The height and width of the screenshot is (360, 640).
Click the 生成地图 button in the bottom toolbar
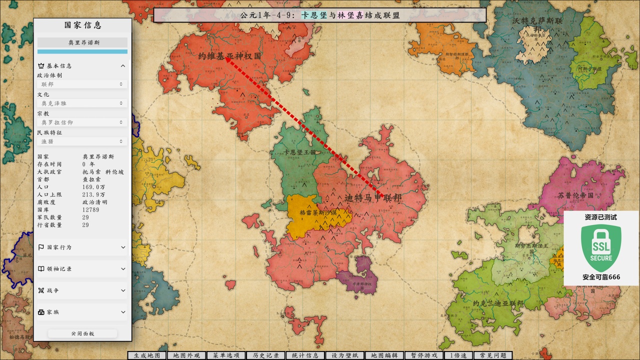pos(147,355)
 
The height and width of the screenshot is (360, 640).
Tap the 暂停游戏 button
pos(424,355)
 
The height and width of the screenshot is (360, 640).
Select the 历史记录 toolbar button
pos(266,355)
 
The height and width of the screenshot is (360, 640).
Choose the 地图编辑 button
pos(384,355)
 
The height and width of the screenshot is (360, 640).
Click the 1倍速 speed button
pos(458,355)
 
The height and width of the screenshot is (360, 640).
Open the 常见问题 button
pos(493,355)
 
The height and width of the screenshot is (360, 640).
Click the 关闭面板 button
pos(82,333)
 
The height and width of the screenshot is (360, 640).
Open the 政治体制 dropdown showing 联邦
pos(82,84)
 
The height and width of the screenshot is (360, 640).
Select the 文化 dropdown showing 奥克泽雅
pos(82,103)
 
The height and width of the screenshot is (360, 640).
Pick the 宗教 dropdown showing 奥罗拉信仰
pos(82,122)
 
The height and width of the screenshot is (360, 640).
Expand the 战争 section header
pos(82,290)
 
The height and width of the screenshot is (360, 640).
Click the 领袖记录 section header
pos(82,269)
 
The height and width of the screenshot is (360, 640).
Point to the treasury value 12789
pos(91,210)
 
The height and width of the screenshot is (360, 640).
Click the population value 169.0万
pos(93,187)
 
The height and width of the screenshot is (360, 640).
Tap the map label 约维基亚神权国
pos(229,56)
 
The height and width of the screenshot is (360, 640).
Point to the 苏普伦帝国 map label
pos(575,195)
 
